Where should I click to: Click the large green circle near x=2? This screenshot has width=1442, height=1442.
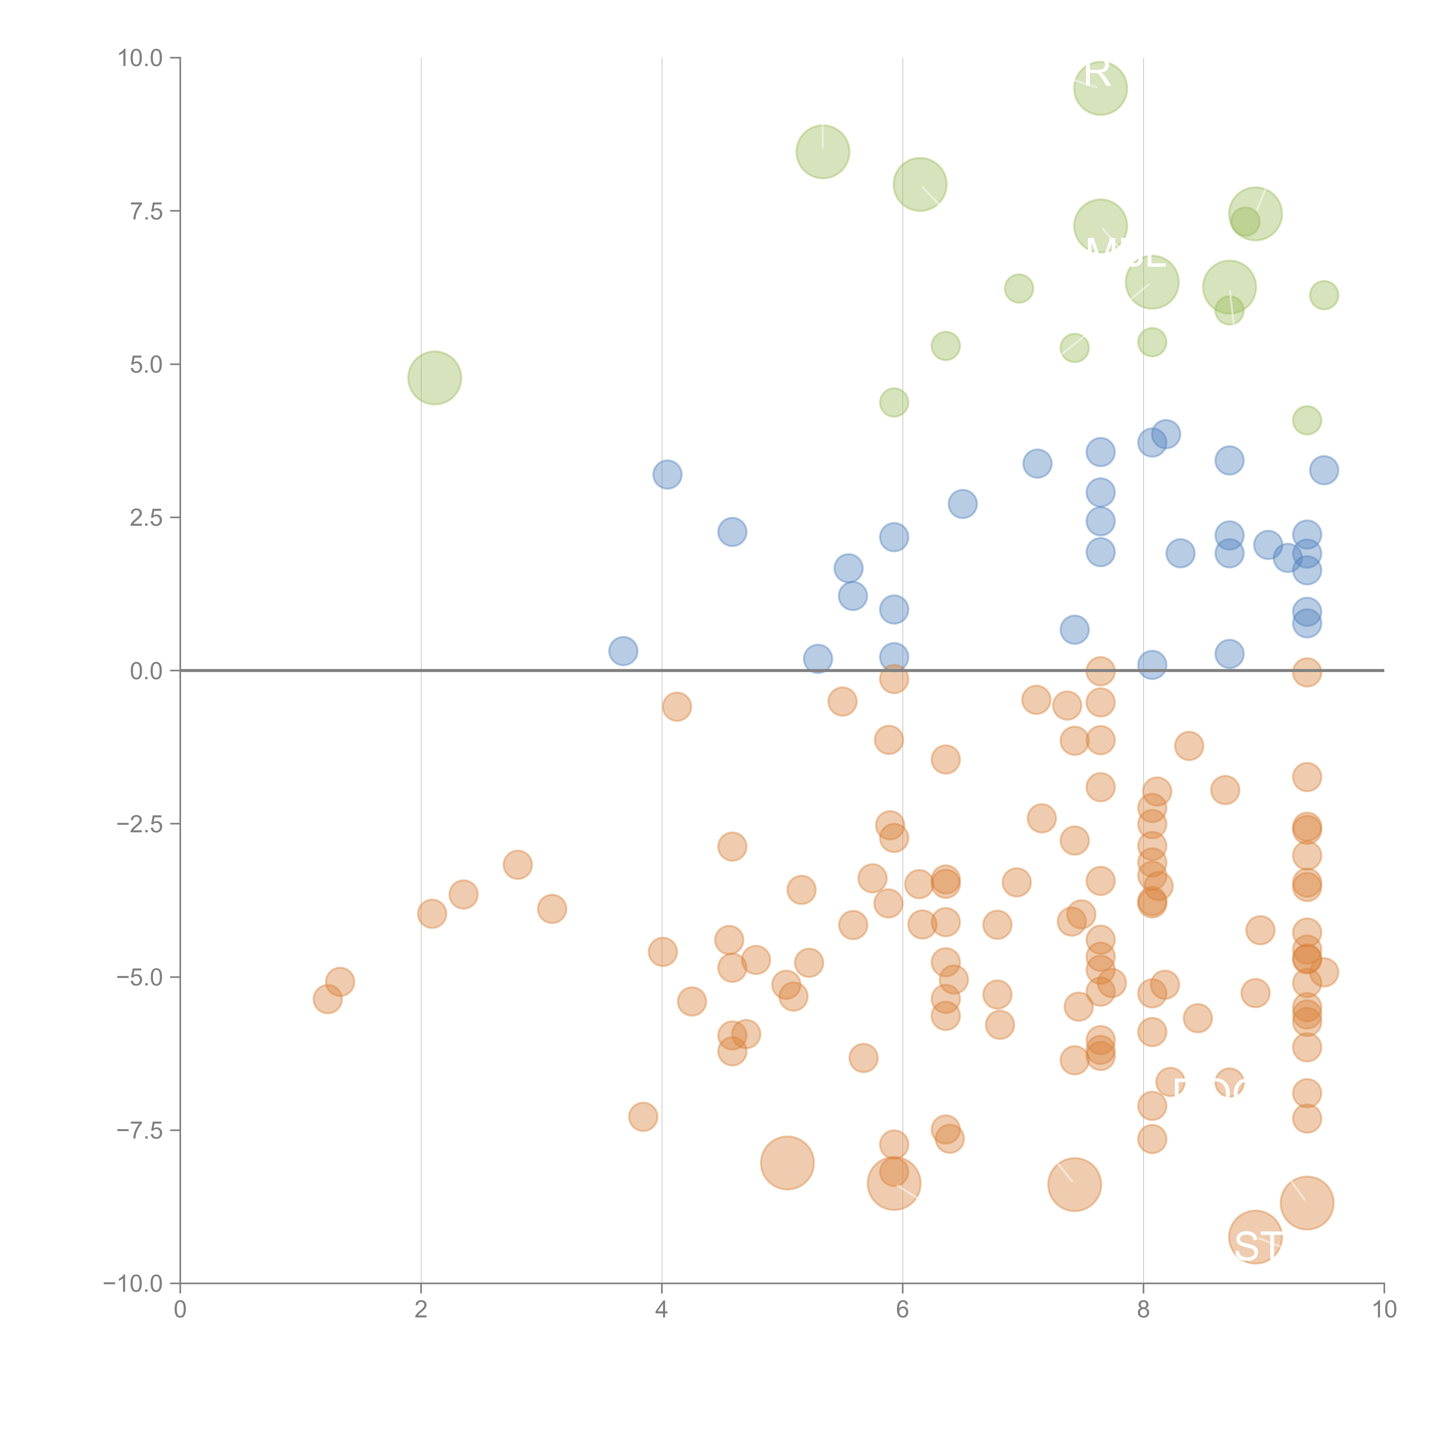434,378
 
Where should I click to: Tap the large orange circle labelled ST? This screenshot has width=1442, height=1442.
1255,1238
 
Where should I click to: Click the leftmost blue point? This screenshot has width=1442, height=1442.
623,651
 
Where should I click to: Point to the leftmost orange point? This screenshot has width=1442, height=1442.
328,999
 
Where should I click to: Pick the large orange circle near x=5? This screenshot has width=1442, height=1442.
787,1163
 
